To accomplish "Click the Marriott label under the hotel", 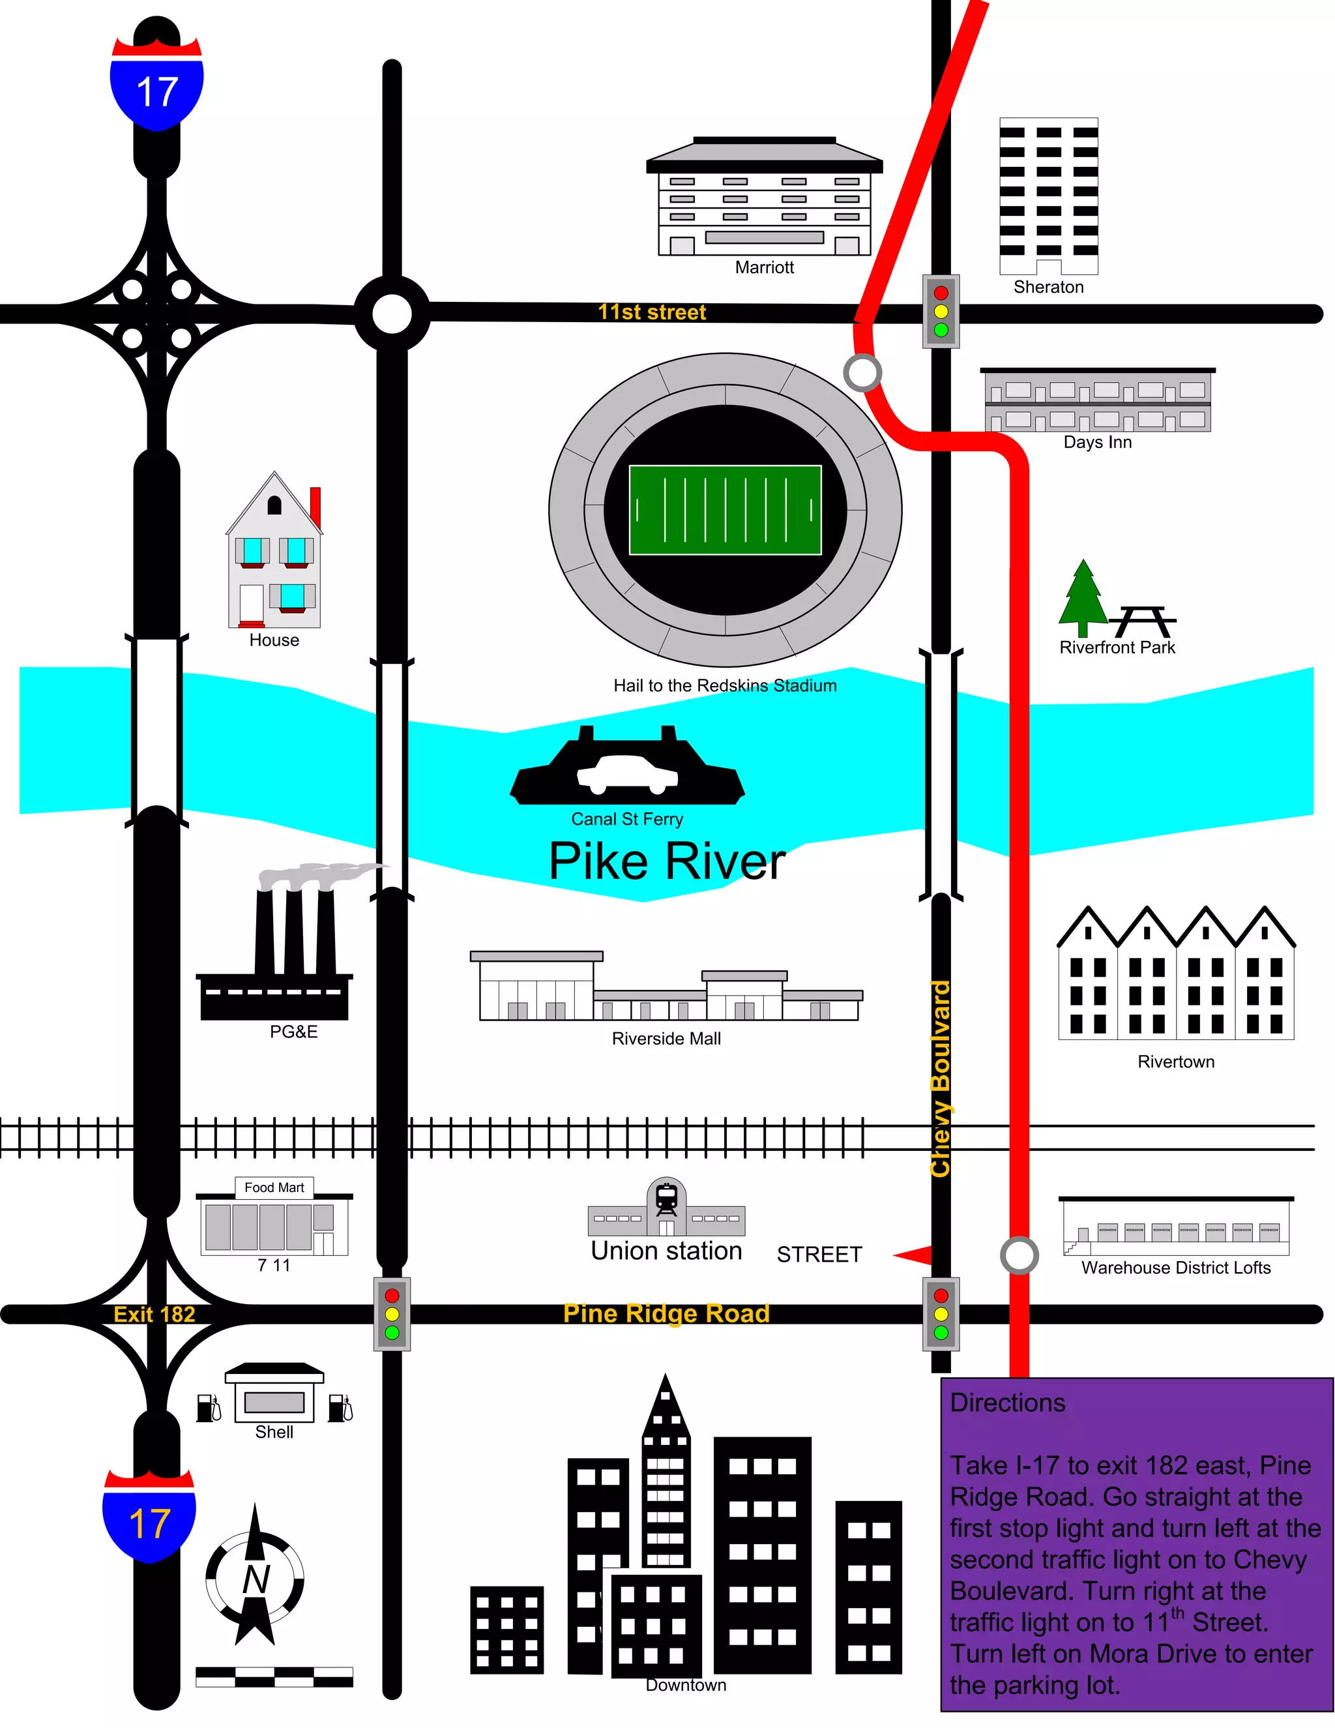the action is coord(764,267).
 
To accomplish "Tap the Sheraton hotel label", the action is coord(1048,287).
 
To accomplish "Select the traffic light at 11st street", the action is coord(941,311).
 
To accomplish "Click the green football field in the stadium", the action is coord(724,511).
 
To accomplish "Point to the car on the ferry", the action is coord(627,774).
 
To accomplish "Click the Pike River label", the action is coord(667,861).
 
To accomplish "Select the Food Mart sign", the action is coord(274,1187).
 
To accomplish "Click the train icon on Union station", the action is coord(667,1198).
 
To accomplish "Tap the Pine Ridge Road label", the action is coord(666,1313).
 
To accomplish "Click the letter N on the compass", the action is coord(256,1579).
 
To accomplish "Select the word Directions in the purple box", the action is coord(1008,1403).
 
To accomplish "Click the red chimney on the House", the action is coord(315,507).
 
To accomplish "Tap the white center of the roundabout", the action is coord(392,314).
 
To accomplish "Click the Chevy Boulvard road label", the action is coord(939,1079).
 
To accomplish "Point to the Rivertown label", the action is coord(1175,1062).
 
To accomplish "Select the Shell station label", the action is coord(274,1432).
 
